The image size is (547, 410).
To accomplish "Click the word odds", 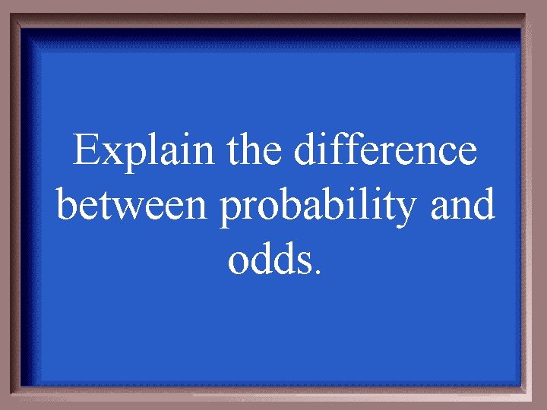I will point(270,260).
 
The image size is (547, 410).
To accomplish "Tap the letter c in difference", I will point(447,155).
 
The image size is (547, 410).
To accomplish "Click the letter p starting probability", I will point(231,213).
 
